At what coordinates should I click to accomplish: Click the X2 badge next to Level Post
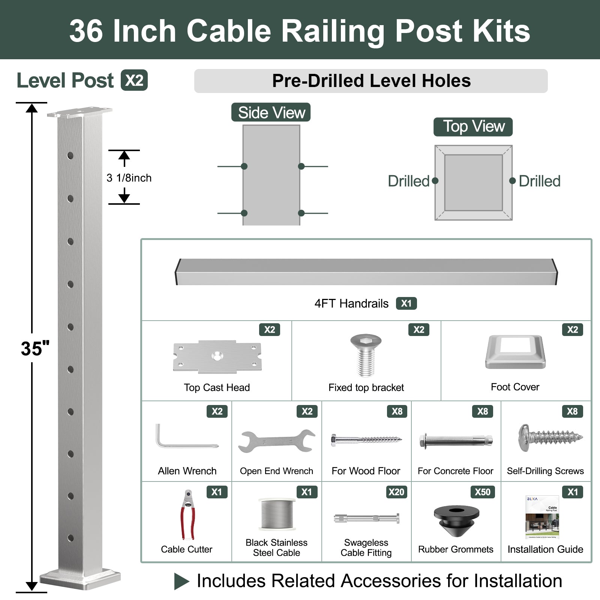(x=134, y=80)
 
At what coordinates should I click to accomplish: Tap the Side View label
(x=271, y=112)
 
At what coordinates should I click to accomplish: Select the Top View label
(x=473, y=127)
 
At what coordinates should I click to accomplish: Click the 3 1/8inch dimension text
(x=129, y=178)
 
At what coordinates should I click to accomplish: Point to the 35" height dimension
(x=35, y=349)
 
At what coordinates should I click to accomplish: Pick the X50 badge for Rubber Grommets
(x=482, y=492)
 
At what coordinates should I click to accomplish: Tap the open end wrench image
(x=276, y=441)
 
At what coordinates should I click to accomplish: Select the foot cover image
(x=515, y=352)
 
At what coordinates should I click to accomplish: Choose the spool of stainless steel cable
(x=277, y=514)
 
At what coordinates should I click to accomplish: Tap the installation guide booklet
(x=542, y=517)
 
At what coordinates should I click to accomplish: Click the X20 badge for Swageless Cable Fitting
(x=396, y=492)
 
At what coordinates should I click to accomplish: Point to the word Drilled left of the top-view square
(x=408, y=181)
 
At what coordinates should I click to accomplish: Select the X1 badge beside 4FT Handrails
(x=406, y=303)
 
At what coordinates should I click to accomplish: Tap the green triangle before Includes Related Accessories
(x=181, y=582)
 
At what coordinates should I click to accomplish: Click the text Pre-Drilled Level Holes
(x=371, y=81)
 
